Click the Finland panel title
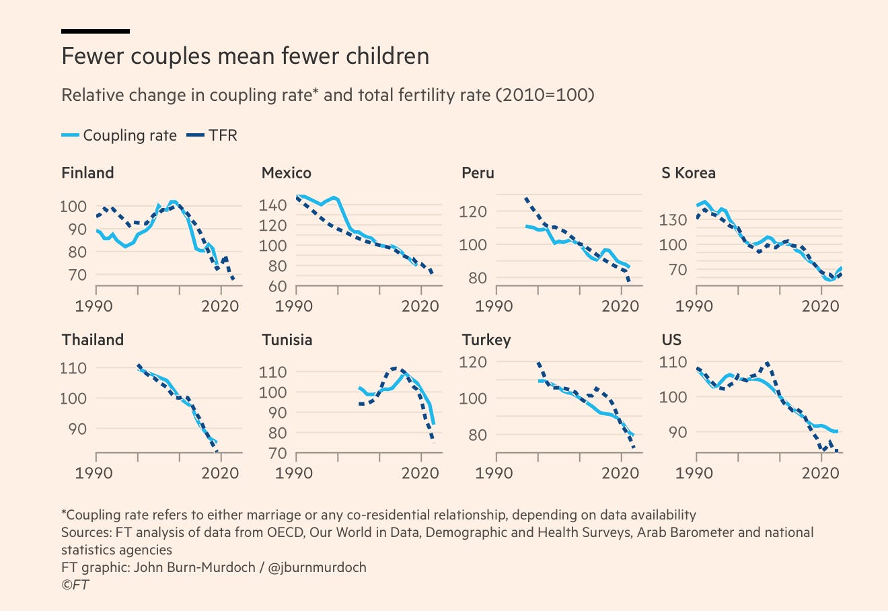click(x=87, y=173)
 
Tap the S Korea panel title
click(x=688, y=173)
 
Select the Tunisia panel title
click(x=287, y=340)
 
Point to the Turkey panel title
click(x=486, y=340)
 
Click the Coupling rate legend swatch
click(x=70, y=135)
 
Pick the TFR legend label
click(x=223, y=135)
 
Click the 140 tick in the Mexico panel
click(x=272, y=205)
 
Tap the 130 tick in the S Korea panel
click(x=673, y=219)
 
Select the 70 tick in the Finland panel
click(x=77, y=275)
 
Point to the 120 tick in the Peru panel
click(x=472, y=211)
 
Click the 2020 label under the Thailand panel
click(x=220, y=472)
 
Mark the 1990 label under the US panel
click(x=694, y=472)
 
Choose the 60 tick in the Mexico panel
click(x=277, y=286)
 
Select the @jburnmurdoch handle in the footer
click(x=317, y=567)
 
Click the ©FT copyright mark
click(x=75, y=585)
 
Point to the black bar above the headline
click(x=96, y=32)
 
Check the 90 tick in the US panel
click(x=677, y=432)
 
